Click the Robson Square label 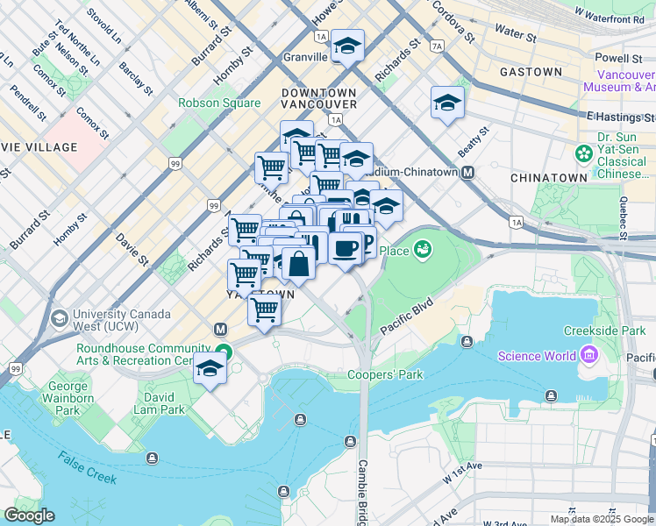(219, 103)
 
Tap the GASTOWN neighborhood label (531, 71)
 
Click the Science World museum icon (588, 355)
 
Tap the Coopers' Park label (385, 374)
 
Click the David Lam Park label (159, 409)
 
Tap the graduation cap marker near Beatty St (447, 103)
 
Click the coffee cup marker (346, 247)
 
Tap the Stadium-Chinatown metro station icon (468, 172)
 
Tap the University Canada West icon (60, 317)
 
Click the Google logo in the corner (29, 515)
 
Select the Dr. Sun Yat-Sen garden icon (583, 154)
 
